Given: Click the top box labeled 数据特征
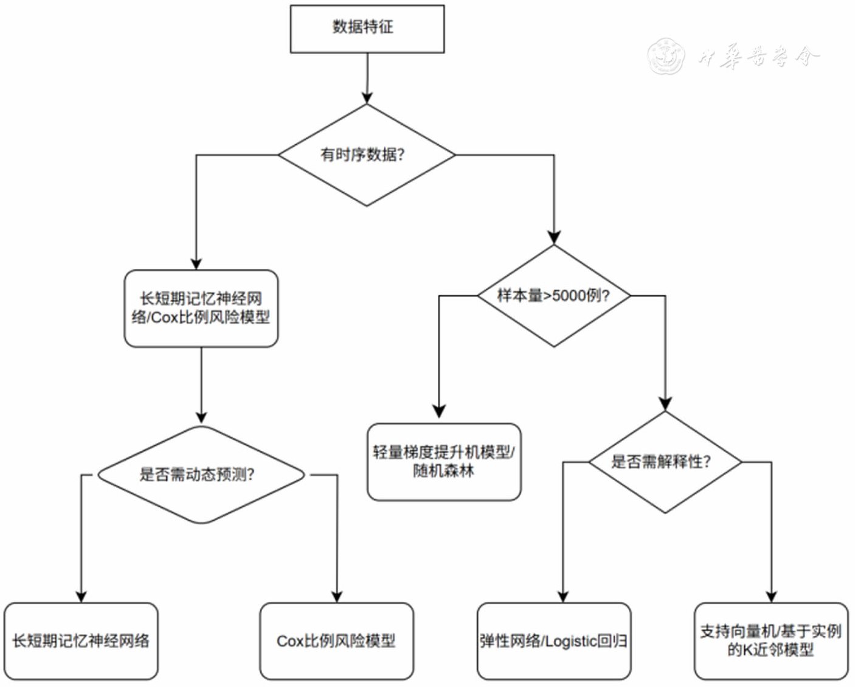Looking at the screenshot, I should tap(367, 29).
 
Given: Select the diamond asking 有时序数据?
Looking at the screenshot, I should tap(367, 155).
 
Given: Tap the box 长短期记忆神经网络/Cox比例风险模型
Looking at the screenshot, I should tap(201, 309).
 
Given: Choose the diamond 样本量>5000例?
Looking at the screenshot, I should tap(553, 296).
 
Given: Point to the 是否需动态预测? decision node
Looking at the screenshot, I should tap(201, 475).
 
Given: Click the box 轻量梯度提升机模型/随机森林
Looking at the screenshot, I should tap(444, 462).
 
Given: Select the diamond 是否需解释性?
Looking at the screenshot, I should tap(665, 462).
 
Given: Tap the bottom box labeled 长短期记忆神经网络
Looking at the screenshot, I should tap(81, 641).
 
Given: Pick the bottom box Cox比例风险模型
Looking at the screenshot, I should tap(336, 641).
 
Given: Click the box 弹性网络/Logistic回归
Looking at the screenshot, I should tap(553, 641).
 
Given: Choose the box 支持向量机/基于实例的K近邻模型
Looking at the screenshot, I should tap(770, 641).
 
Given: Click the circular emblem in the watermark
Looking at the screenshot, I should tap(666, 56).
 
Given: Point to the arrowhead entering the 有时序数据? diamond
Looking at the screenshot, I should tap(367, 97).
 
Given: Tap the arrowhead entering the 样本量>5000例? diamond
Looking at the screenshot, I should tap(553, 237).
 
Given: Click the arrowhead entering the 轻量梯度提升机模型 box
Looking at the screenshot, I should tap(439, 411).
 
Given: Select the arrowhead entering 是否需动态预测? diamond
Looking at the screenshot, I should tap(201, 417).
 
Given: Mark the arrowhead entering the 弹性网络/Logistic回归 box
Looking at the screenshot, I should tap(563, 596).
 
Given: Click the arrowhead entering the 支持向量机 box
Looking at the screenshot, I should tap(771, 596).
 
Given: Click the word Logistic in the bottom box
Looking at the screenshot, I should tap(571, 641).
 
